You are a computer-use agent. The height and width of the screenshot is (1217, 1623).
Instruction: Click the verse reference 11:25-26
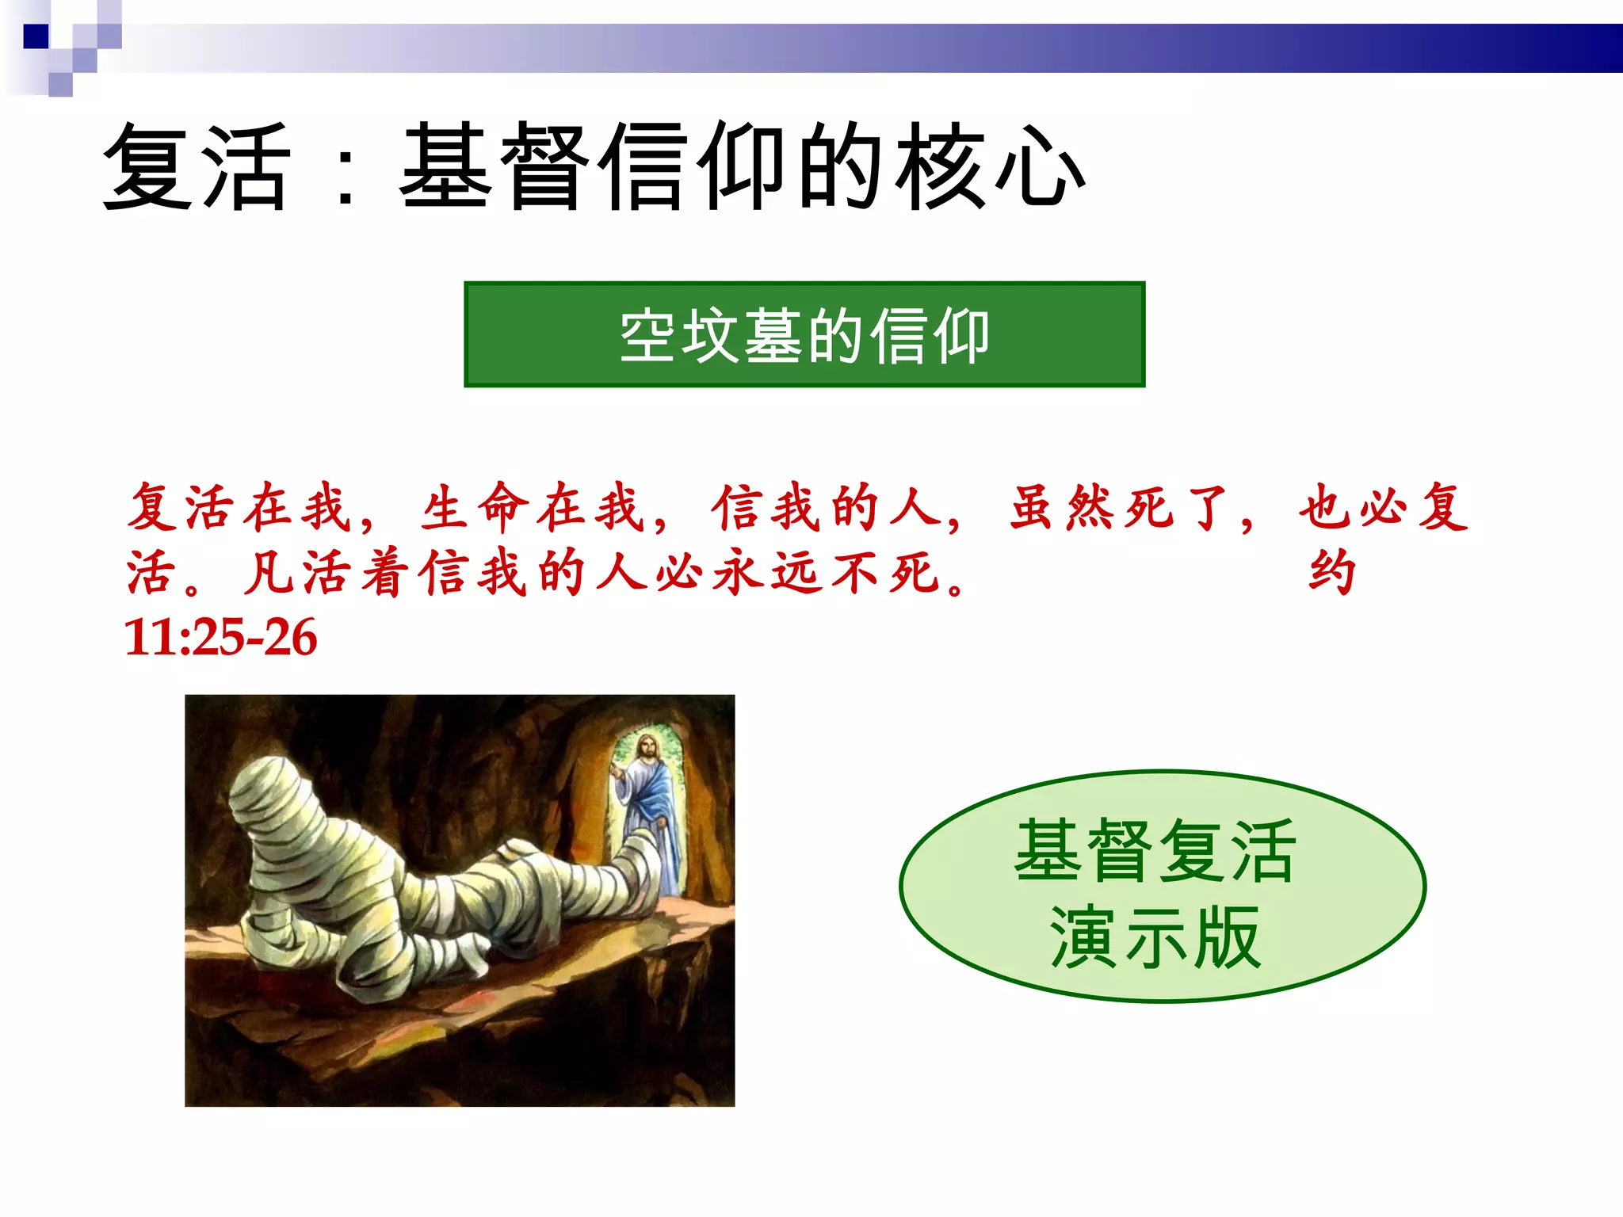tap(221, 637)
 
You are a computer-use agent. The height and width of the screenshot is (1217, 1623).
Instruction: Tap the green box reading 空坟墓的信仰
tap(804, 334)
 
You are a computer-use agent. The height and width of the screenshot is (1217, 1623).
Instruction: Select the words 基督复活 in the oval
tap(1155, 851)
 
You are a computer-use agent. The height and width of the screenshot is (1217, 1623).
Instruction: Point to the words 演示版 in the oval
tap(1155, 938)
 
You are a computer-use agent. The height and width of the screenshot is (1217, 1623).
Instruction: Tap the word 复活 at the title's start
tap(197, 168)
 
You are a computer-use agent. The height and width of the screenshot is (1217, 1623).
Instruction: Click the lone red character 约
tap(1331, 572)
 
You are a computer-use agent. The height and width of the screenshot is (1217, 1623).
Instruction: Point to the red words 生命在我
tap(531, 508)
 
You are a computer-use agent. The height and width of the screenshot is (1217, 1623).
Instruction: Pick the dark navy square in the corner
tap(36, 36)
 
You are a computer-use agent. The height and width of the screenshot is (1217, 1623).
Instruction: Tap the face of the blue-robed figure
tap(647, 747)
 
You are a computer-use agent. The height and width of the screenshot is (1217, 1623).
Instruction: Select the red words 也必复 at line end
tap(1383, 508)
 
